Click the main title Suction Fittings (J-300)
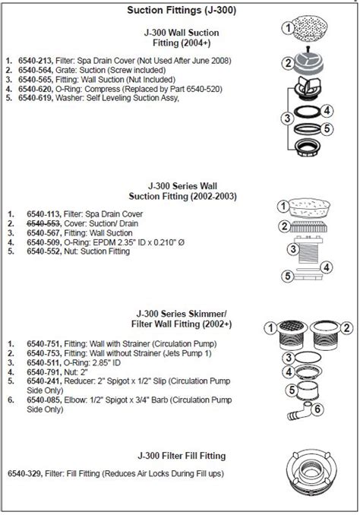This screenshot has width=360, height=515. coord(182,10)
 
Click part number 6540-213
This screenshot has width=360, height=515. coord(35,61)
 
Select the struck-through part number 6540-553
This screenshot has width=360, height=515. coord(44,223)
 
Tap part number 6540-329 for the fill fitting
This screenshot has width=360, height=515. coord(25,474)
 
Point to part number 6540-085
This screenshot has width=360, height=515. coord(44,400)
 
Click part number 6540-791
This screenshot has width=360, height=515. coord(44,372)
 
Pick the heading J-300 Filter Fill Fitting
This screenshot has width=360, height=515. coord(182,456)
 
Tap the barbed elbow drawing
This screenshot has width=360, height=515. coord(299,411)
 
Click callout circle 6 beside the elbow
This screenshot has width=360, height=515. coord(317,409)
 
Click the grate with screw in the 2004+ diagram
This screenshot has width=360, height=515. coord(308,62)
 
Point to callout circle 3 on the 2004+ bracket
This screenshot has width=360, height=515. coord(287,118)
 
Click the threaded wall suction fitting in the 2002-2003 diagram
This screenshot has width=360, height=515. coord(309,249)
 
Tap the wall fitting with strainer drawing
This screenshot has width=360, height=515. coord(292,334)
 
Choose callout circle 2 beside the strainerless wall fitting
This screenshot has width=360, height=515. coord(346,328)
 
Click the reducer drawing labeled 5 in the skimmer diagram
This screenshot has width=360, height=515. coord(307,390)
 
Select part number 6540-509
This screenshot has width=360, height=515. coord(44,242)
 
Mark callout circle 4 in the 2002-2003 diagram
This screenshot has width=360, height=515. coord(326,267)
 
